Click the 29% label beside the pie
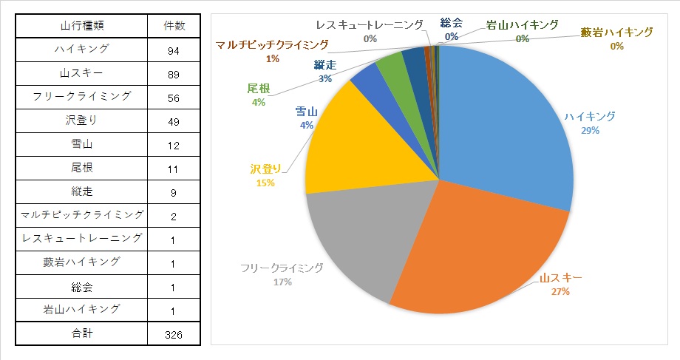(590, 130)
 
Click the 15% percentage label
(265, 183)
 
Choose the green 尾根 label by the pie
(259, 89)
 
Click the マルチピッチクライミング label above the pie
(272, 45)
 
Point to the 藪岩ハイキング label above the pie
(617, 33)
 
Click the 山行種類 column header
(83, 26)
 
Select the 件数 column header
(174, 26)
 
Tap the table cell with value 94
(174, 50)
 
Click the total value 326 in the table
(174, 334)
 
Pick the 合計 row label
(83, 334)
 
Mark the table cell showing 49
(174, 121)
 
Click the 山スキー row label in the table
(83, 74)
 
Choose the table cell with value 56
(174, 98)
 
